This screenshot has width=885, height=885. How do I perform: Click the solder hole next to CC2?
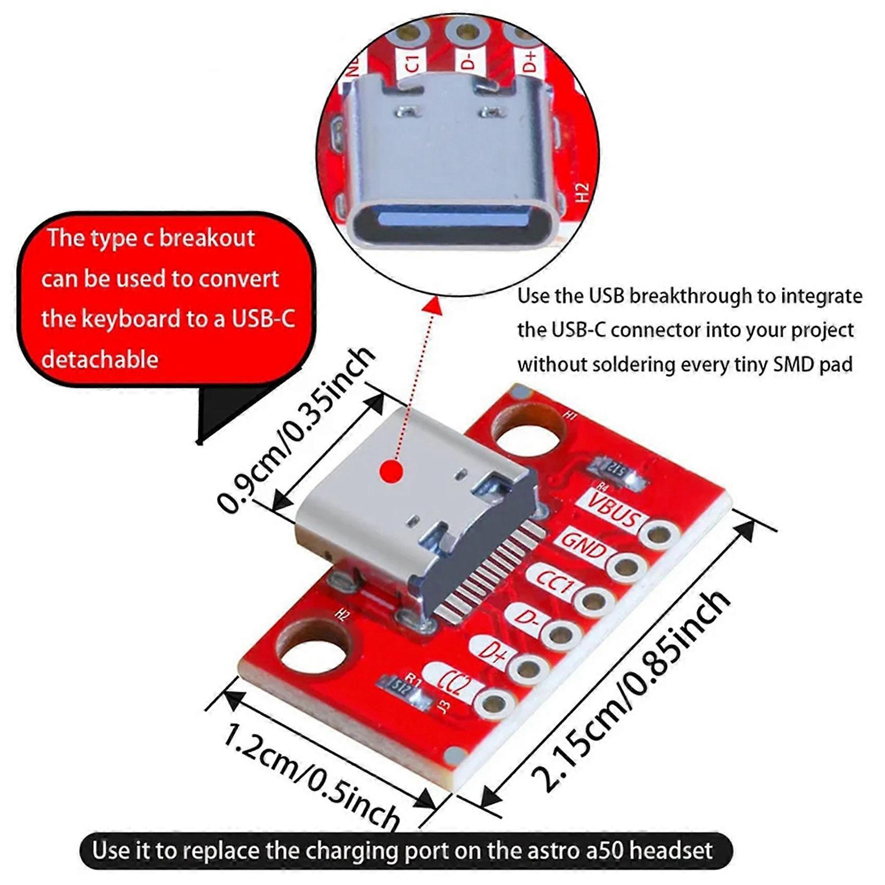(493, 704)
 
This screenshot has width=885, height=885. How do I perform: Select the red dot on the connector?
(391, 472)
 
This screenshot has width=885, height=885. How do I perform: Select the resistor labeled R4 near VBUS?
(617, 471)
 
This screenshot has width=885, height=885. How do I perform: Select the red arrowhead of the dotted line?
(432, 306)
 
